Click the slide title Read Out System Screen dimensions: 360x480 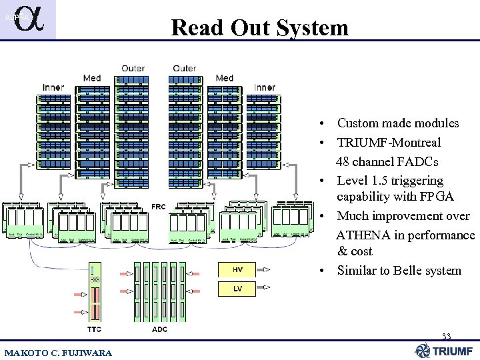pos(259,27)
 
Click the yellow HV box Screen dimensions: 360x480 pos(237,270)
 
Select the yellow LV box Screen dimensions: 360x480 pos(237,289)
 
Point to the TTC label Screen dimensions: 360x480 pos(95,329)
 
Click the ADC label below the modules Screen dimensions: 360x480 pos(159,329)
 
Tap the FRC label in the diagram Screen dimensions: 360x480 pos(159,207)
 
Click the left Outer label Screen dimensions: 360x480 pos(133,69)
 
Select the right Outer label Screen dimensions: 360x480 pos(185,69)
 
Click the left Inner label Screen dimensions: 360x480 pos(53,87)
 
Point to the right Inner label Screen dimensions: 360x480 pos(265,87)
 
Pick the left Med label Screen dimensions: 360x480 pos(92,78)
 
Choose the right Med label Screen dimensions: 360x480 pos(225,78)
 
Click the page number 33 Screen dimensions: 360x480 pos(447,336)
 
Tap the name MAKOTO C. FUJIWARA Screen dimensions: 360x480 pos(59,352)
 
